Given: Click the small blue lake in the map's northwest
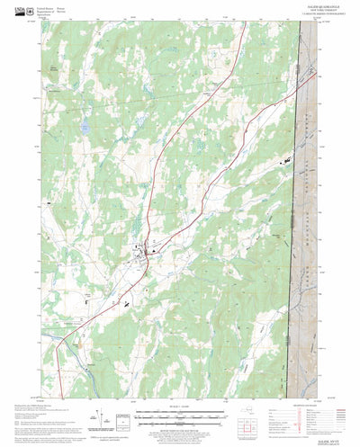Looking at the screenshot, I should (83, 129).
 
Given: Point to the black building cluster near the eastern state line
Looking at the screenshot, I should (286, 158).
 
